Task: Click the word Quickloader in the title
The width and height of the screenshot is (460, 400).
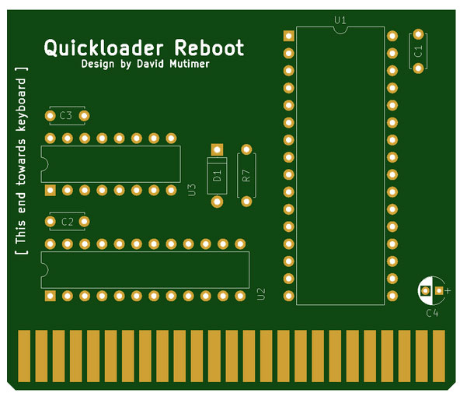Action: coord(103,48)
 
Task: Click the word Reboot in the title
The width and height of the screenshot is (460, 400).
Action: coord(209,47)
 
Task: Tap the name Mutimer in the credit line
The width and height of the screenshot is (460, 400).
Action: coord(190,64)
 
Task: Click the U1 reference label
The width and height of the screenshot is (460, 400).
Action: coord(340,20)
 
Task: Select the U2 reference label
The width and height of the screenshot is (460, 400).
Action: coord(261,294)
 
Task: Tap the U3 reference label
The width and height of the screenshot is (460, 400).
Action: coord(191,190)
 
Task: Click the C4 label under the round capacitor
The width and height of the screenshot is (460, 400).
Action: coord(432,313)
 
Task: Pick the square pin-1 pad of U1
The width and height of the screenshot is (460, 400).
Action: coord(289,36)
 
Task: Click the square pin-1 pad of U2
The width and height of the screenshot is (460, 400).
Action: coord(51,296)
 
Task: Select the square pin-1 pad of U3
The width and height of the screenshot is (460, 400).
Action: coord(51,191)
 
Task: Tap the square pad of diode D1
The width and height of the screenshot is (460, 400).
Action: coord(217,149)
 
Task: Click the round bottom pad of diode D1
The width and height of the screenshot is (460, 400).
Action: coord(217,202)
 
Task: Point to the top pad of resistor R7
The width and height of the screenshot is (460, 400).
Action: coord(246,149)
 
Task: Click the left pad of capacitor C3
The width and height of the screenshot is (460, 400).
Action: coord(51,116)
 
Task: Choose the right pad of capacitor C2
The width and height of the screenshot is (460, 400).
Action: coord(84,222)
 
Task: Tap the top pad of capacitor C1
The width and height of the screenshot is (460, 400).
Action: coord(418,34)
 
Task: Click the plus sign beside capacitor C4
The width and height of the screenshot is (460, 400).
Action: coord(448,291)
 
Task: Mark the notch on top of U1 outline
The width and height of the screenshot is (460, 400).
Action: coord(340,30)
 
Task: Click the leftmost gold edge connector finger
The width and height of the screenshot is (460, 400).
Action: coord(24,356)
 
